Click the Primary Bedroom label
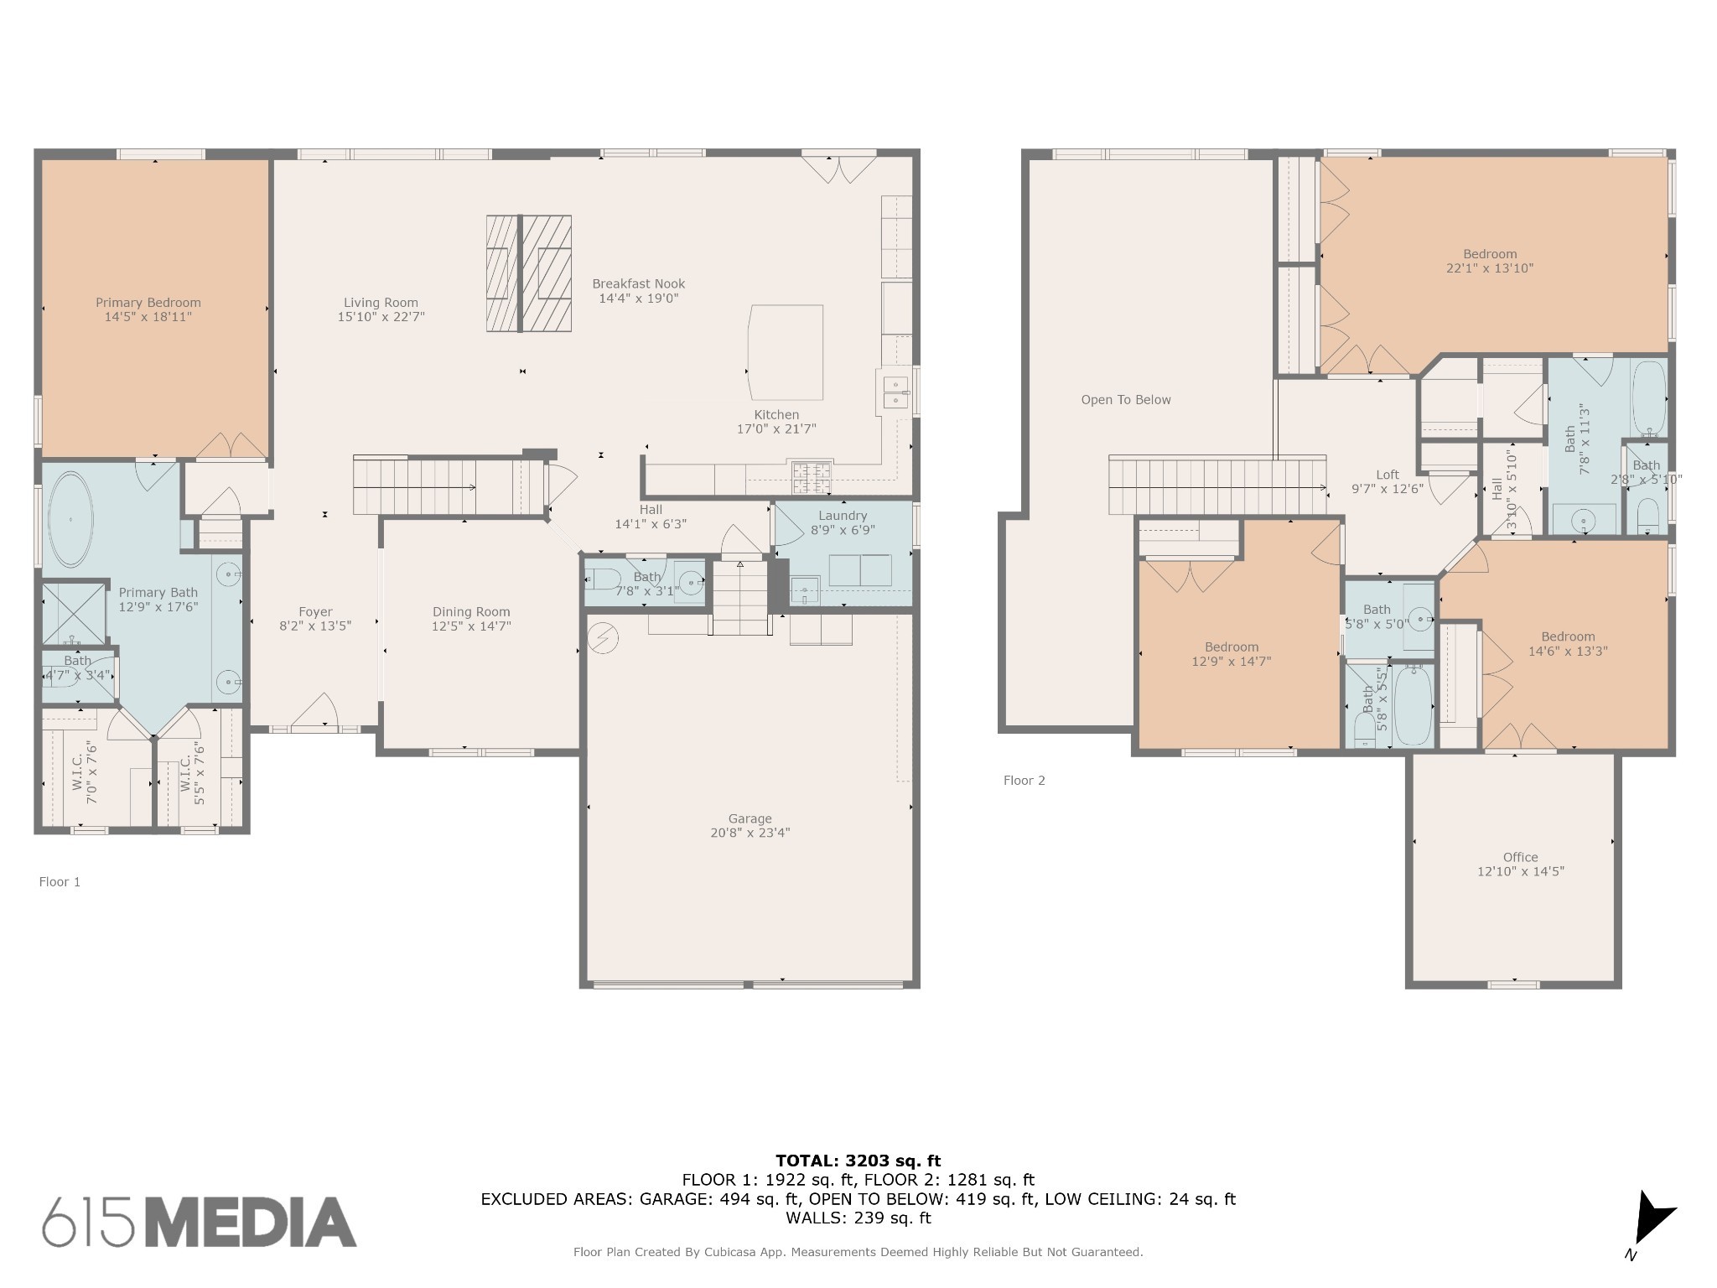[x=148, y=303]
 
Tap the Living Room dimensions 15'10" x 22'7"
[x=381, y=317]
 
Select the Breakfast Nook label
[x=639, y=283]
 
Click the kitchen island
[x=786, y=352]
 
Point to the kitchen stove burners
[x=811, y=478]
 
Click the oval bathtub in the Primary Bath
[x=71, y=520]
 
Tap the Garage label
[x=750, y=818]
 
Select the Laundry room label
[x=843, y=516]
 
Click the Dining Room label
[x=471, y=612]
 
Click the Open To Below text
[x=1126, y=400]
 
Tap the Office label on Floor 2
[x=1520, y=857]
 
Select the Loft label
[x=1388, y=475]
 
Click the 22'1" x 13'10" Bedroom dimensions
[x=1490, y=268]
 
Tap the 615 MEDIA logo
[x=200, y=1222]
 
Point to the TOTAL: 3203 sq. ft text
[x=858, y=1161]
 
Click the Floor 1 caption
[x=60, y=881]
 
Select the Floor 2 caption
[x=1024, y=781]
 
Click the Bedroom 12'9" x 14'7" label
[x=1232, y=654]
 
